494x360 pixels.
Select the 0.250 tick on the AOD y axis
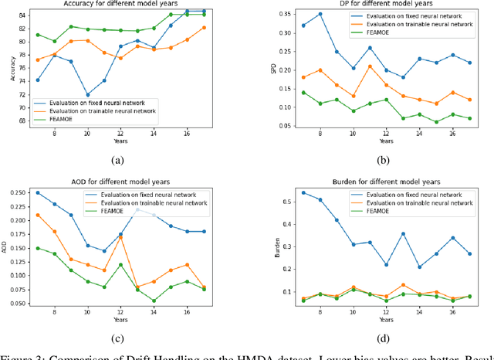(x=19, y=193)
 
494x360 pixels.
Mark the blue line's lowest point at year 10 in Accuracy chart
(x=87, y=95)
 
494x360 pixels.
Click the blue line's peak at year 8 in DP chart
(x=320, y=14)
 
